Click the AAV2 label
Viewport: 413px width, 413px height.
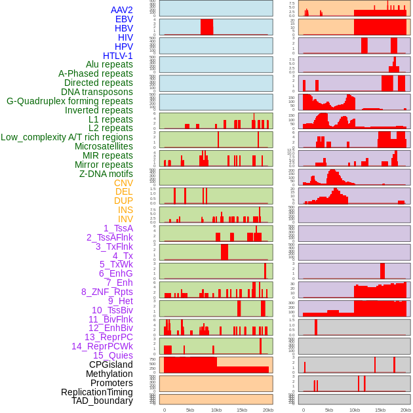(x=121, y=10)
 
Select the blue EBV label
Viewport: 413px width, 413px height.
(x=124, y=19)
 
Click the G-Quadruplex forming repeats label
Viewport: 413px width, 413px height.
(x=69, y=101)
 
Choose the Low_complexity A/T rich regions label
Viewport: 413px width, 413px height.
(x=67, y=137)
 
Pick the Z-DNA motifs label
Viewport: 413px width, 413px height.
(x=106, y=174)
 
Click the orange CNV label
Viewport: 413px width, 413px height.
(x=123, y=183)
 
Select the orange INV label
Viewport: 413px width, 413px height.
(x=125, y=219)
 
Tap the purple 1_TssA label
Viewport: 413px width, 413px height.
(x=118, y=228)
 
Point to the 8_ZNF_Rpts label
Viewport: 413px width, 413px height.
(x=107, y=292)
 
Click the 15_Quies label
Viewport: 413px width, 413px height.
(x=113, y=355)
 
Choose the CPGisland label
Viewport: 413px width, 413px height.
(x=111, y=364)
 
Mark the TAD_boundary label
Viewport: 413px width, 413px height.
(x=102, y=401)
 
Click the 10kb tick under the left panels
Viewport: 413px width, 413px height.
(x=216, y=410)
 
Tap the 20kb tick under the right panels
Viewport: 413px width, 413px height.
(x=406, y=410)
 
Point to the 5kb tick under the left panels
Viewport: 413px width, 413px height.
(x=190, y=410)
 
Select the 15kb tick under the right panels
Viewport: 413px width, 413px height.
(x=380, y=410)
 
